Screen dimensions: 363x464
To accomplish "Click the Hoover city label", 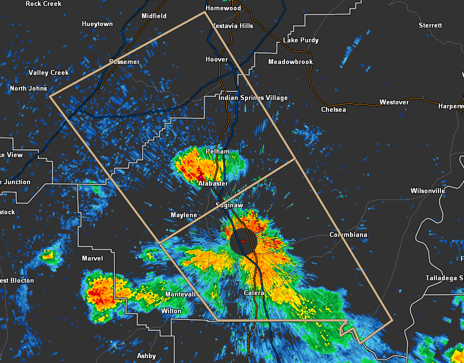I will coord(216,59).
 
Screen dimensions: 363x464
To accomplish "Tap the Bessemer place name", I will coord(124,62).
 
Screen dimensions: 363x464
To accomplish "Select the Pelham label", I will coord(217,151).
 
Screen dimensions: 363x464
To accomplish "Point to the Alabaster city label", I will coord(213,183).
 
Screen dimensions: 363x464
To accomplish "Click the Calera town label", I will coord(254,293).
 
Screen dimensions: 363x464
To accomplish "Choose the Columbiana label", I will coord(348,235).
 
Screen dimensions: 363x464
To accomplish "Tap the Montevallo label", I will coord(180,294).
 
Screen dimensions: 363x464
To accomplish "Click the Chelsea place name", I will coord(333,109).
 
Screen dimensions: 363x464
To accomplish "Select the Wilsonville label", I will coord(428,191).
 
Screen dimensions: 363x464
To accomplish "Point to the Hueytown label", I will coord(97,24).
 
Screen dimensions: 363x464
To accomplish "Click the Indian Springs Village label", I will coord(253,98).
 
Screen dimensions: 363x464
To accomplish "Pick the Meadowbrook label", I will coord(290,62).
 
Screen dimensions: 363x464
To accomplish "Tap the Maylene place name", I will coord(183,215).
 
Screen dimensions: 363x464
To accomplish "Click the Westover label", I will coord(394,102).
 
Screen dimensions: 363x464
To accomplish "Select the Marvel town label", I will coord(92,258).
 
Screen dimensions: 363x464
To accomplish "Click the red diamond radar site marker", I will coord(244,241).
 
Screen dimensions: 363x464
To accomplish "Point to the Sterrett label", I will coord(430,25).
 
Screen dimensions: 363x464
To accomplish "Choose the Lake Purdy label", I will coord(301,40).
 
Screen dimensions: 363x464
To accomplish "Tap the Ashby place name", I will coord(146,356).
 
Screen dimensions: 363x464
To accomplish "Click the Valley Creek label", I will coord(48,72).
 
